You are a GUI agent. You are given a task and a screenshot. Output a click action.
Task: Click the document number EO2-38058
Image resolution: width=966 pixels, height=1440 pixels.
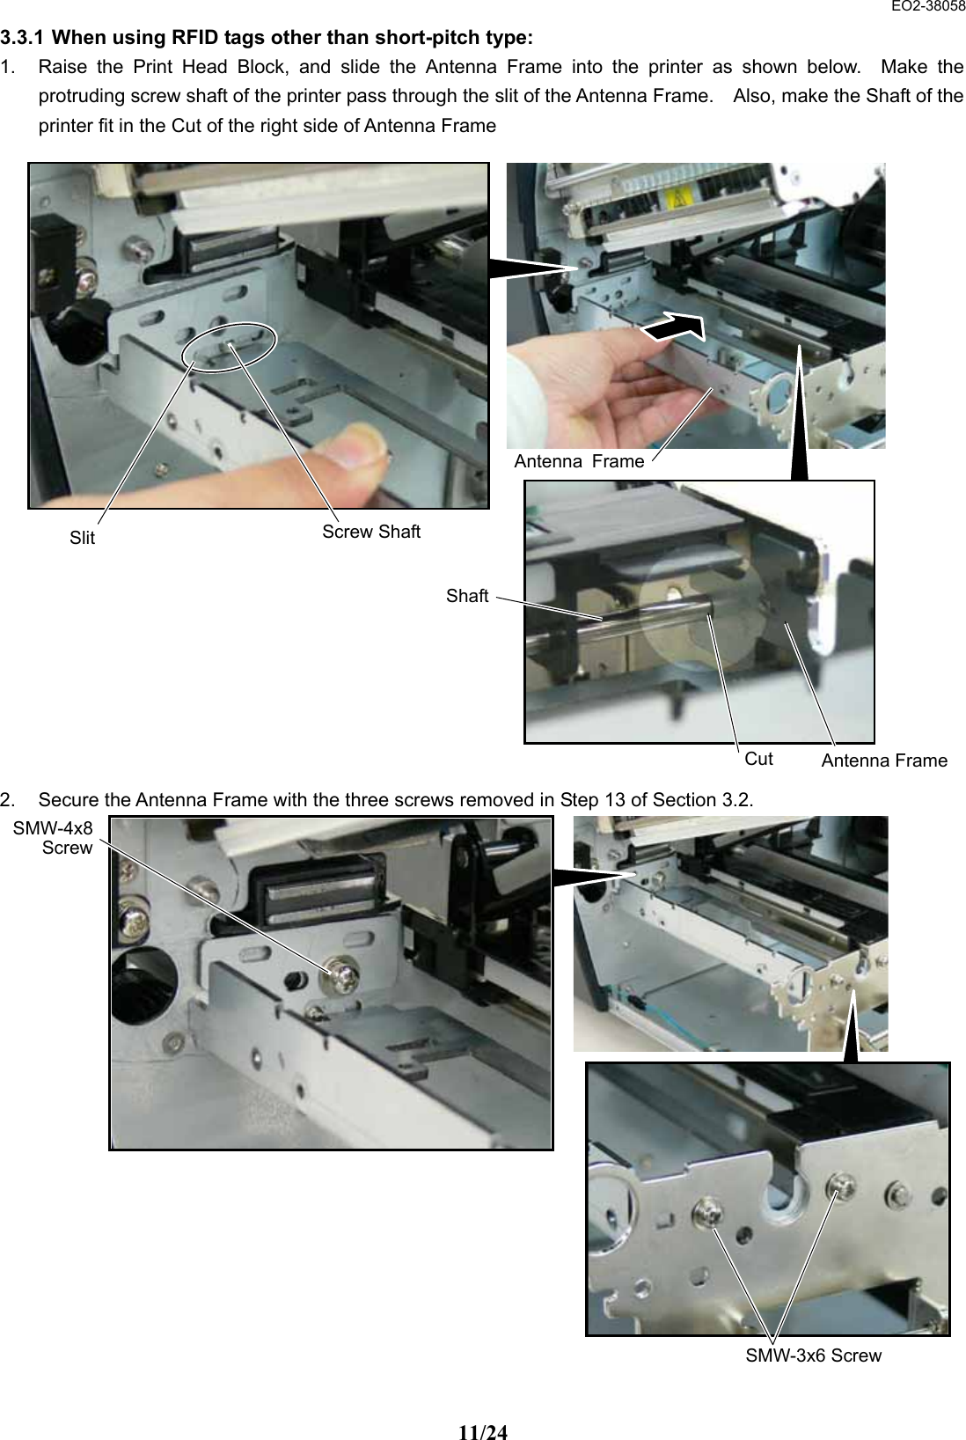[927, 7]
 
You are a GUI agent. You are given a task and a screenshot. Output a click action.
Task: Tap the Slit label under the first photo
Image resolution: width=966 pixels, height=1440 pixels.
[82, 538]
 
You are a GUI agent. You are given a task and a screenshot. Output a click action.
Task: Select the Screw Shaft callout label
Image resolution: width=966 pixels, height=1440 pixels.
[370, 532]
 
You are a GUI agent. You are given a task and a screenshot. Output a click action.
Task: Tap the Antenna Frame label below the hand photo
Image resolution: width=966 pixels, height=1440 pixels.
[579, 461]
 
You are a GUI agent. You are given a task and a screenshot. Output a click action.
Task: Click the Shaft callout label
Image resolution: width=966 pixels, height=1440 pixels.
[466, 596]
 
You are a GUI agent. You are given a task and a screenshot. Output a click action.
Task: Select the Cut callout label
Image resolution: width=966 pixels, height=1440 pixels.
[758, 759]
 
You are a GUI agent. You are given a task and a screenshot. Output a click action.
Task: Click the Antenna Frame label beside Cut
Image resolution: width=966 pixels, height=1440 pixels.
[883, 760]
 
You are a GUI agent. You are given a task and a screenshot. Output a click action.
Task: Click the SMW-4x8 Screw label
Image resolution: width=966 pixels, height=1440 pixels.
[53, 838]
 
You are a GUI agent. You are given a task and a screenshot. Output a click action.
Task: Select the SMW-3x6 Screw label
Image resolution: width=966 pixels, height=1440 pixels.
[813, 1356]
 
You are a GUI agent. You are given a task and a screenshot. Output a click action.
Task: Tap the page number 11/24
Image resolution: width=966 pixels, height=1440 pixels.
[483, 1407]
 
